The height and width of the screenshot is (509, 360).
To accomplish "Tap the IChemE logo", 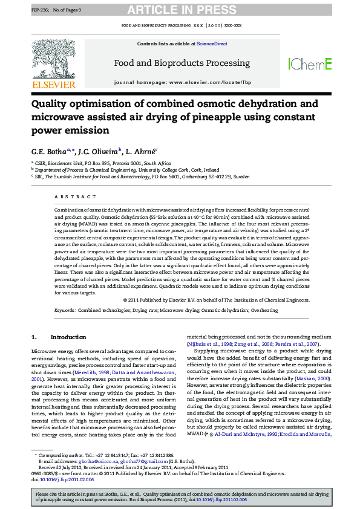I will (x=310, y=63).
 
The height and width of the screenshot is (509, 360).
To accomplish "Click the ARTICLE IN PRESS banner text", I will (x=180, y=10).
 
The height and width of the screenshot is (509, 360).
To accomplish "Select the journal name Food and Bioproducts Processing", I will (x=182, y=63).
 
